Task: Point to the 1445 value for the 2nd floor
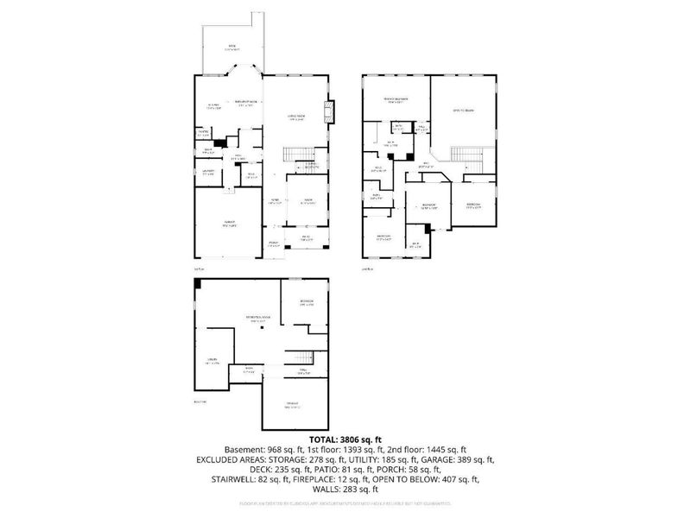[437, 450]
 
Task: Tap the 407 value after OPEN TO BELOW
[456, 472]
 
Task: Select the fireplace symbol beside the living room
[328, 111]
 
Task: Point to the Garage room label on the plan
[230, 224]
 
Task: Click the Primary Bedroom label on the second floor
[396, 100]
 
